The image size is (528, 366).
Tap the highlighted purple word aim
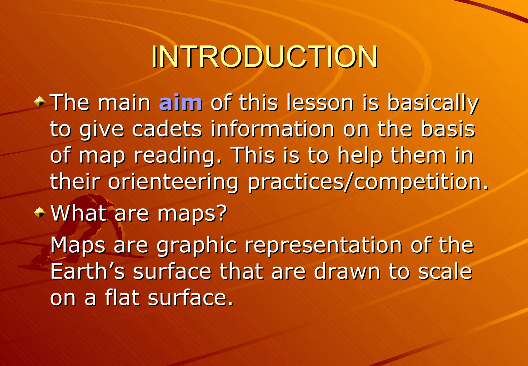(x=181, y=103)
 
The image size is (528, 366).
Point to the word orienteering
(x=173, y=182)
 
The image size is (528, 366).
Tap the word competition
(x=418, y=182)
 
